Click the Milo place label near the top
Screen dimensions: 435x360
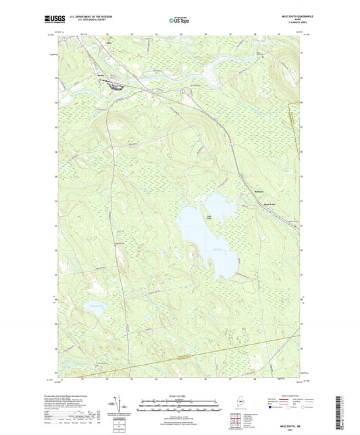pyautogui.click(x=110, y=43)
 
